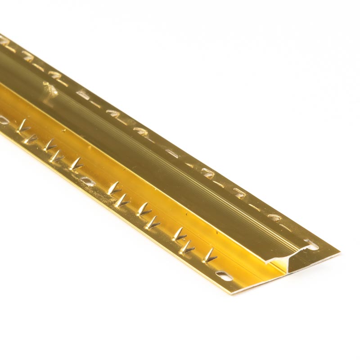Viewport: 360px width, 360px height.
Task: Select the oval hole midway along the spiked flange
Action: pyautogui.click(x=86, y=180)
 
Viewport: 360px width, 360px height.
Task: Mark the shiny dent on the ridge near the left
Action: pyautogui.click(x=48, y=90)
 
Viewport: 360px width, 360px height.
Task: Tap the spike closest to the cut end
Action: pyautogui.click(x=210, y=257)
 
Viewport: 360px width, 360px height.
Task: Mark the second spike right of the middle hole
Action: pyautogui.click(x=122, y=201)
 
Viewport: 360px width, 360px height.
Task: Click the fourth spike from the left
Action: pyautogui.click(x=58, y=156)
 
